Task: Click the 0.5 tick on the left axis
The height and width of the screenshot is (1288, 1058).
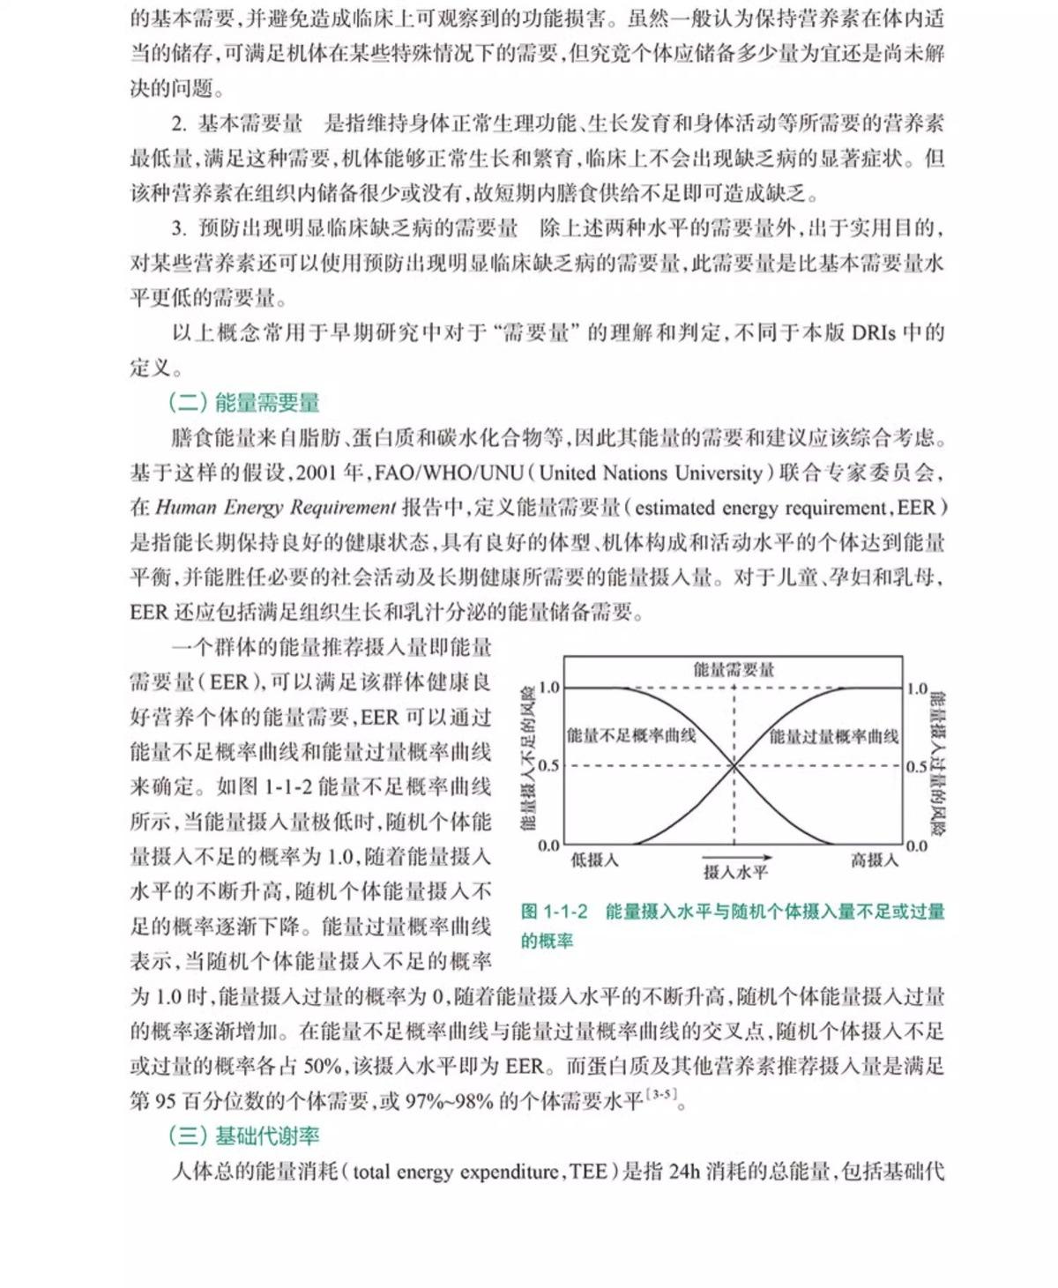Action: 548,765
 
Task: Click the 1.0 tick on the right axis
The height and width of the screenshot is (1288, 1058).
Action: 917,689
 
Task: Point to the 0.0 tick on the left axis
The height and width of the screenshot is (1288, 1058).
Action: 548,845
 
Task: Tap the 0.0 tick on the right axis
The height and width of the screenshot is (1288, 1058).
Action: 917,845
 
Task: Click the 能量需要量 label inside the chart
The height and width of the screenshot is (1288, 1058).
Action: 734,670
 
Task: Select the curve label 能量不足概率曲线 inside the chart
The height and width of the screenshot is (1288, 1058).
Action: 631,735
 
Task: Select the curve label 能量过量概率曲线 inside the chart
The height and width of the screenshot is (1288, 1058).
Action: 834,735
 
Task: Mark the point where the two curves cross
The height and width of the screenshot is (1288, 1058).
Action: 734,765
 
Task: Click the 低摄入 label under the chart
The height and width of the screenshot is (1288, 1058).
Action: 594,860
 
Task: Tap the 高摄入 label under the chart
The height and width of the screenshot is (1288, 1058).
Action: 874,860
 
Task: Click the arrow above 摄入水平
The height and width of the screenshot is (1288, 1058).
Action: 737,857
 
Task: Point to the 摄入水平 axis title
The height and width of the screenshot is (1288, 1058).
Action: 735,873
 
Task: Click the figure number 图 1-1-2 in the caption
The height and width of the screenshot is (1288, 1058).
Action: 554,912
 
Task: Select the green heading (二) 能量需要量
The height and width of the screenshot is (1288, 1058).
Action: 244,403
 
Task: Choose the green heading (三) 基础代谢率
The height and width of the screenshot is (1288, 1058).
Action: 244,1135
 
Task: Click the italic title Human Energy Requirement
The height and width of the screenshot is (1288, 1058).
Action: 276,508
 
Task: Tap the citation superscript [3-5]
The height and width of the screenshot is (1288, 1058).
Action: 660,1095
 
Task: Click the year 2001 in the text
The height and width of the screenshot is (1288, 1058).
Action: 316,473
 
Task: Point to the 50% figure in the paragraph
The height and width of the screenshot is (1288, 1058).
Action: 322,1067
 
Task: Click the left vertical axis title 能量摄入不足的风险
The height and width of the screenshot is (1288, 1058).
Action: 528,758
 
